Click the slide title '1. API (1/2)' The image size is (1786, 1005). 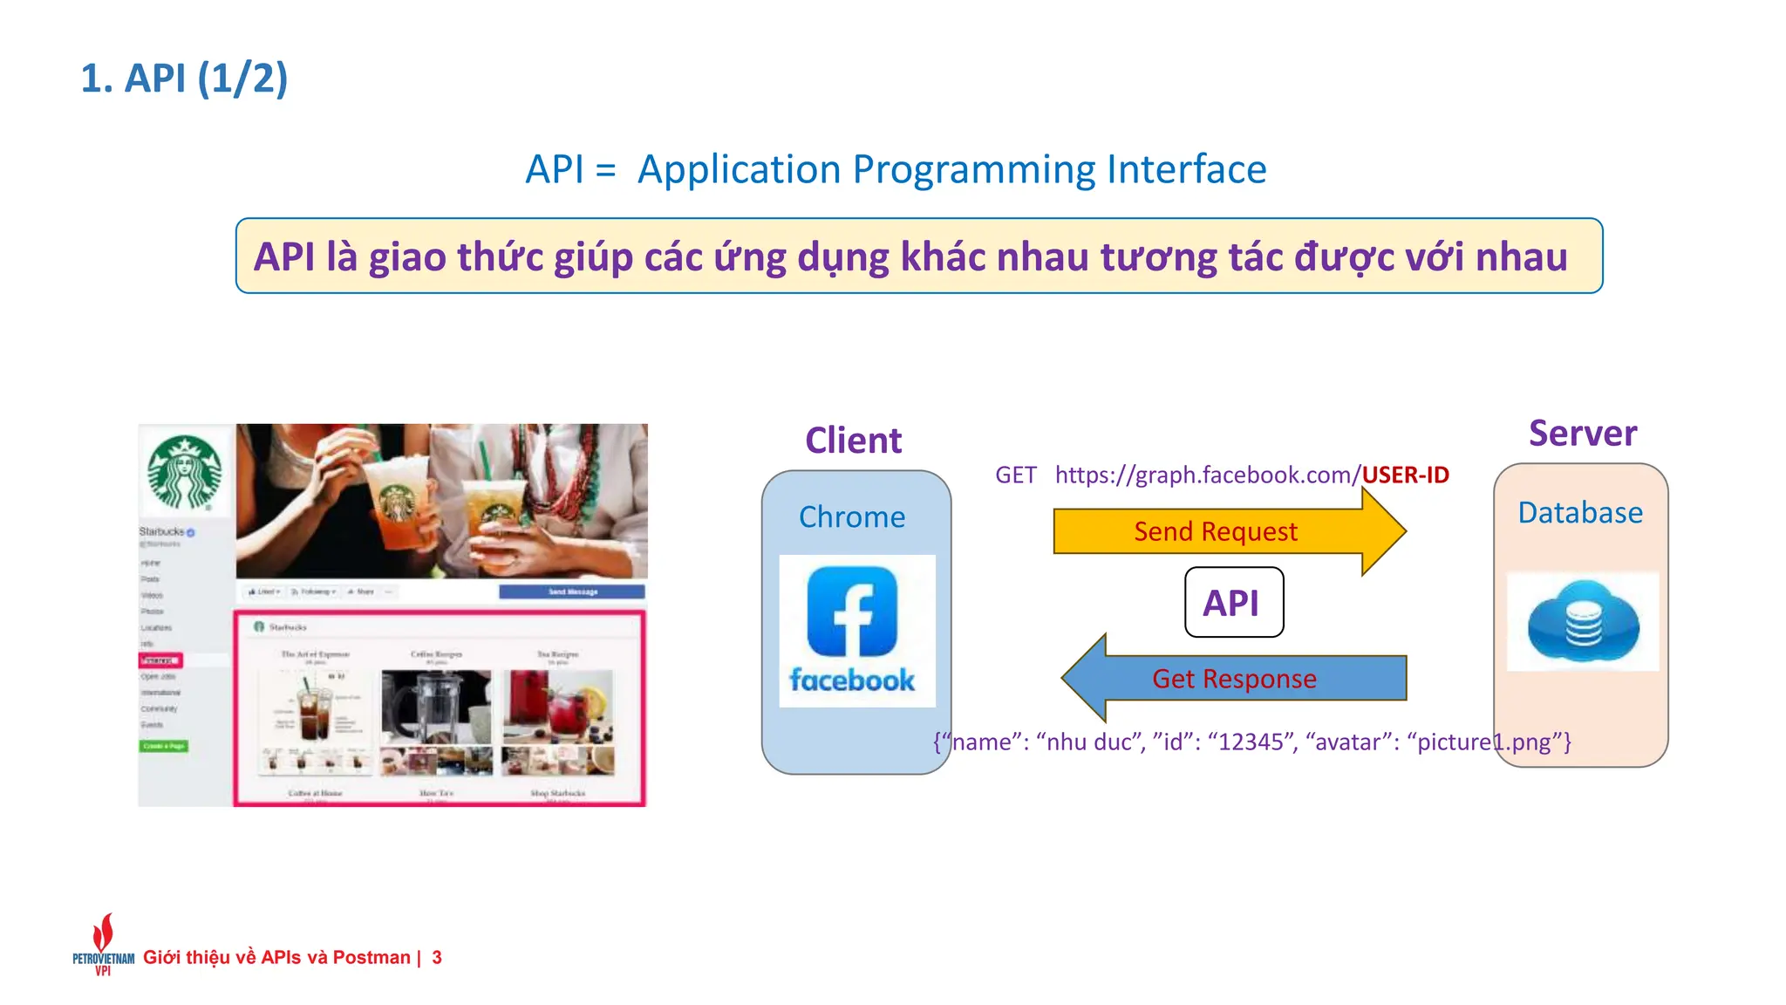pyautogui.click(x=184, y=79)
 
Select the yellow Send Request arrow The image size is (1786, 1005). pyautogui.click(x=1216, y=531)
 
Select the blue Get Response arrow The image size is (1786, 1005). pyautogui.click(x=1233, y=679)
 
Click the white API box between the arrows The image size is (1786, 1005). pyautogui.click(x=1233, y=603)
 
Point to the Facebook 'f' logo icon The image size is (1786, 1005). pyautogui.click(x=852, y=612)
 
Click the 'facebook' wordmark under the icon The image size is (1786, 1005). pyautogui.click(x=852, y=680)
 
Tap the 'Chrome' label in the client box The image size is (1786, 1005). pyautogui.click(x=852, y=517)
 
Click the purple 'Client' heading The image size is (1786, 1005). pyautogui.click(x=853, y=441)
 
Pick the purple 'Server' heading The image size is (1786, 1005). pyautogui.click(x=1583, y=434)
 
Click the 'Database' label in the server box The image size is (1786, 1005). pyautogui.click(x=1580, y=513)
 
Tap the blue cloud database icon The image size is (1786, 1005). pyautogui.click(x=1583, y=622)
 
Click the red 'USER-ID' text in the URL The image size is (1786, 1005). pyautogui.click(x=1406, y=475)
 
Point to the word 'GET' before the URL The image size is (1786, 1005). pyautogui.click(x=1016, y=475)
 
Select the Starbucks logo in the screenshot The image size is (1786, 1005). pyautogui.click(x=185, y=472)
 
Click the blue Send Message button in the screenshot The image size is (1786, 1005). pyautogui.click(x=572, y=591)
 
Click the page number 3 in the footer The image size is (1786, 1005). pyautogui.click(x=437, y=958)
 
